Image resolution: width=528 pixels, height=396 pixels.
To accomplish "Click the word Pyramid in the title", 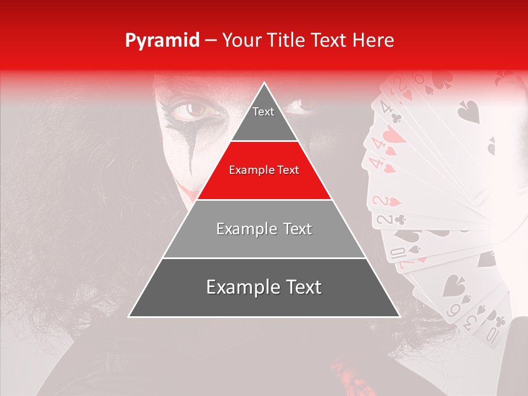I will [162, 41].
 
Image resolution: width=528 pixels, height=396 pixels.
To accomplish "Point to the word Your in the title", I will [240, 40].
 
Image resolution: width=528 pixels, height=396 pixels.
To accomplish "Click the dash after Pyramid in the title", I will [210, 41].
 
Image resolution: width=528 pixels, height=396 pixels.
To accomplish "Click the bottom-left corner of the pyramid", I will [129, 316].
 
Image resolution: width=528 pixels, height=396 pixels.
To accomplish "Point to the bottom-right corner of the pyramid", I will [399, 316].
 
